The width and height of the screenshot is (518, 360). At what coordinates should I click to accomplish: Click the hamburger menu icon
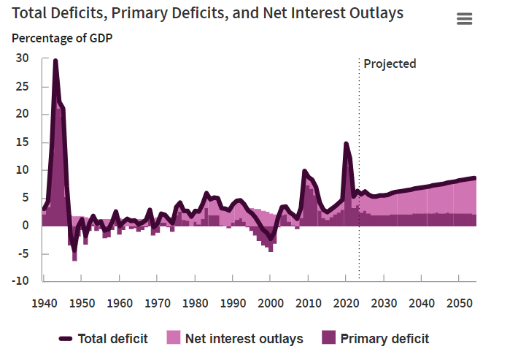[465, 19]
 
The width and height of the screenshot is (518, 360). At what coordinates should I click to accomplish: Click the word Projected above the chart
[390, 64]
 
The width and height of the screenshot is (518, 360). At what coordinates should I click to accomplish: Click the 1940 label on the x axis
[44, 303]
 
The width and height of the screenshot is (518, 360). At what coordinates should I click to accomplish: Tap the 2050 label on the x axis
[458, 303]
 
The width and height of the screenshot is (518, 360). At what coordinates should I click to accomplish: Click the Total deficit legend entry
[113, 338]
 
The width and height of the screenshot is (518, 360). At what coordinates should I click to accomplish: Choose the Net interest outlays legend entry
[244, 338]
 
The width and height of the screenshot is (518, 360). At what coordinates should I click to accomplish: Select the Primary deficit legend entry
[384, 338]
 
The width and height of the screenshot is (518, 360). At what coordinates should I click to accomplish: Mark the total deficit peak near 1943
[55, 61]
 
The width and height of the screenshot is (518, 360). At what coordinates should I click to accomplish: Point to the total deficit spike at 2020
[346, 144]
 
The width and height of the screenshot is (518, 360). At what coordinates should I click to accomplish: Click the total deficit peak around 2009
[304, 171]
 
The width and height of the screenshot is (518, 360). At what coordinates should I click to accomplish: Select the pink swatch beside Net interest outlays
[173, 338]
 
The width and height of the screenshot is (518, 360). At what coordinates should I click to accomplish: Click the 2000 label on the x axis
[270, 303]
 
